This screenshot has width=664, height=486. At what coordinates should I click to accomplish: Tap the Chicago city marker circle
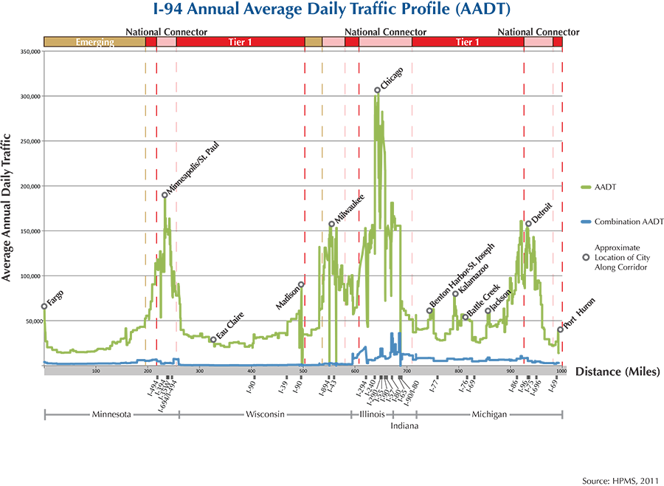click(377, 90)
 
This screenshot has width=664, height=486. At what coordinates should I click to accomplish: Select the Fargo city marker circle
click(44, 306)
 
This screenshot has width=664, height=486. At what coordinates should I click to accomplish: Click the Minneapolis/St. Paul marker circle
click(165, 195)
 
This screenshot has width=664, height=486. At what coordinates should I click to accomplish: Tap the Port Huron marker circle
click(560, 329)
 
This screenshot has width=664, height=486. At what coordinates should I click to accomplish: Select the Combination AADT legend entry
click(629, 221)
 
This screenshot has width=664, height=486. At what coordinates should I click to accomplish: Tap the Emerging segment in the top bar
click(94, 43)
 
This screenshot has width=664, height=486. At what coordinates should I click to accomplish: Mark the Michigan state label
click(488, 414)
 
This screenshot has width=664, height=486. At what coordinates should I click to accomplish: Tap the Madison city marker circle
click(301, 284)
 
